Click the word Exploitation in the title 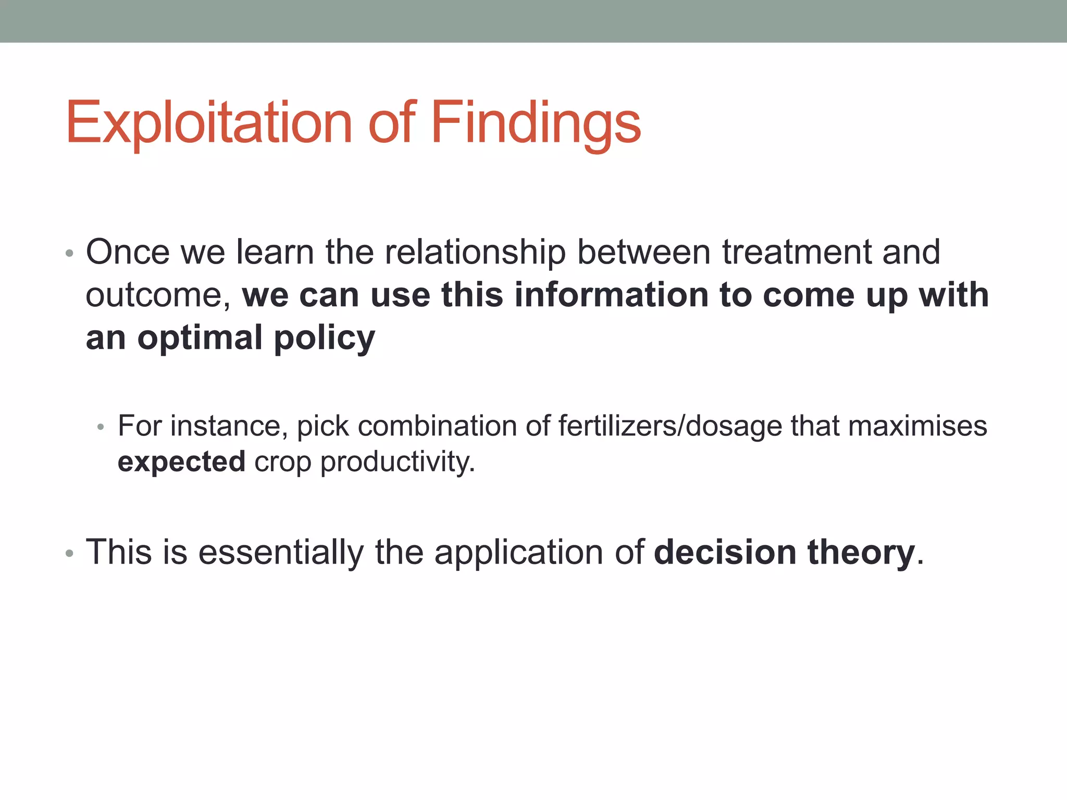click(208, 123)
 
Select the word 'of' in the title click(392, 123)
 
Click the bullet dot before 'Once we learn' click(69, 254)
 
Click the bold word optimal click(200, 339)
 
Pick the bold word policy click(324, 339)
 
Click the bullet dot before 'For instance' click(101, 428)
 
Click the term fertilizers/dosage click(670, 426)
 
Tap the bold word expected click(181, 462)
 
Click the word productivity click(397, 461)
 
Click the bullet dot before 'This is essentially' click(69, 554)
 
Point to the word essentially click(281, 552)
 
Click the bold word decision click(725, 552)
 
